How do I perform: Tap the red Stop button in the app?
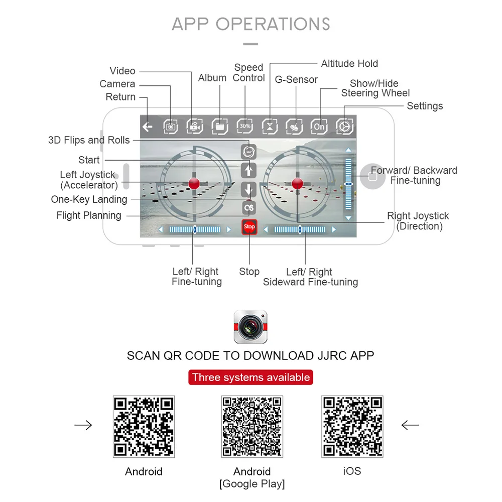[249, 227]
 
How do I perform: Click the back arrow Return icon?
[147, 127]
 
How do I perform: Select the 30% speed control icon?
[244, 127]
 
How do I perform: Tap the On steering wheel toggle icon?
[319, 127]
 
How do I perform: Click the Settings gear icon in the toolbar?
[345, 127]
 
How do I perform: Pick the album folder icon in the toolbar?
[219, 127]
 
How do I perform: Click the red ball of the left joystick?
[194, 183]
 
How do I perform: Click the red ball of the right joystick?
[297, 183]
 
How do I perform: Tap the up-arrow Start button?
[249, 170]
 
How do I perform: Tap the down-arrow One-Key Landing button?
[249, 190]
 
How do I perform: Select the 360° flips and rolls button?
[249, 151]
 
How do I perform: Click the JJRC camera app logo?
[250, 327]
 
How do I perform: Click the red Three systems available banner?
[250, 378]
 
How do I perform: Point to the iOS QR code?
[352, 427]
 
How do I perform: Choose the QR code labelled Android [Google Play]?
[252, 427]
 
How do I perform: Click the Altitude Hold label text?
[349, 64]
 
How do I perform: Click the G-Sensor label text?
[296, 79]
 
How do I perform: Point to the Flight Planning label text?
[89, 215]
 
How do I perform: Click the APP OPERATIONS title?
[251, 24]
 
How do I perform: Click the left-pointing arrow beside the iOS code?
[410, 426]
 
